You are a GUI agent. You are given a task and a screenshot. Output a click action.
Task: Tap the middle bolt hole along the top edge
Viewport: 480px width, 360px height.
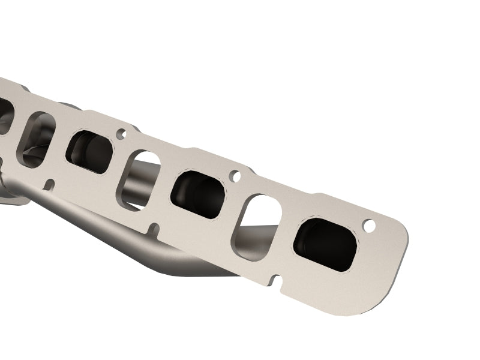(x=235, y=176)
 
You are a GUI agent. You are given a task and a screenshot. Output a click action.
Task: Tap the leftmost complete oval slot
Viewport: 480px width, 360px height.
(x=38, y=138)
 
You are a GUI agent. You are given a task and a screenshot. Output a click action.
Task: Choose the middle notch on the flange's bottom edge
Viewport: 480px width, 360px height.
(x=155, y=228)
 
